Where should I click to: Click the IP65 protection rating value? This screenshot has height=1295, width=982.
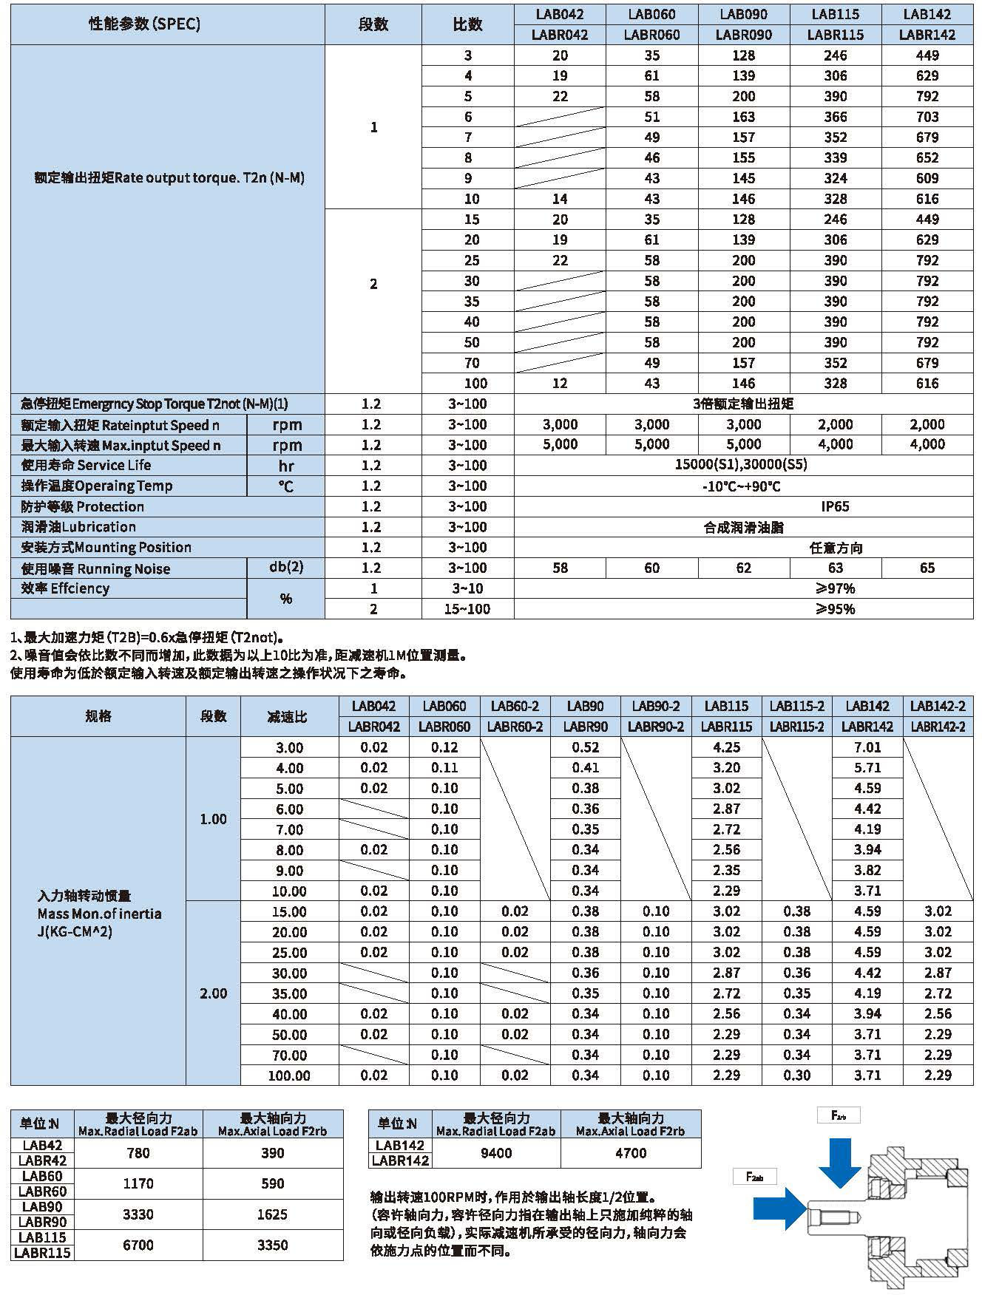pyautogui.click(x=835, y=506)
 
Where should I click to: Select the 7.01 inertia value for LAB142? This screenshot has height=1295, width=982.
pyautogui.click(x=867, y=747)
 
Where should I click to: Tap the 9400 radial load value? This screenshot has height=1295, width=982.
pyautogui.click(x=495, y=1152)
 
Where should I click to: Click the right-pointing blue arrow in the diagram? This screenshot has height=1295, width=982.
pyautogui.click(x=779, y=1209)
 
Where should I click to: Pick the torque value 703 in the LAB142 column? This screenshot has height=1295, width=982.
pyautogui.click(x=927, y=117)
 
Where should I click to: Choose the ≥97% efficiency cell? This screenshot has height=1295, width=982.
pyautogui.click(x=835, y=588)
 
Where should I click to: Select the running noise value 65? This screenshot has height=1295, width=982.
pyautogui.click(x=927, y=568)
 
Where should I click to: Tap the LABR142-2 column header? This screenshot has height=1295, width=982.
pyautogui.click(x=938, y=727)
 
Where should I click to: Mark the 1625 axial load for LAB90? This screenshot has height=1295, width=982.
pyautogui.click(x=272, y=1214)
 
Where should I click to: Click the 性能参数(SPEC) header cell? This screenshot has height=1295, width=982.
pyautogui.click(x=144, y=24)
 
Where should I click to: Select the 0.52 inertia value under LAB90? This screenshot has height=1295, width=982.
pyautogui.click(x=585, y=747)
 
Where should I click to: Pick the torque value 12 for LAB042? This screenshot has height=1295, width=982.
pyautogui.click(x=560, y=383)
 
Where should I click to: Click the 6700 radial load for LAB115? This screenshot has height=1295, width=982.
pyautogui.click(x=138, y=1245)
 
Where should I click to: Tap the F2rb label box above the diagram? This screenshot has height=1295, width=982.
pyautogui.click(x=839, y=1115)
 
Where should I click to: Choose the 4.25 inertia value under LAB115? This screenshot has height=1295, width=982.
pyautogui.click(x=726, y=747)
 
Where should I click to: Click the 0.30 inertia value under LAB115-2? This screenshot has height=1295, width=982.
pyautogui.click(x=796, y=1075)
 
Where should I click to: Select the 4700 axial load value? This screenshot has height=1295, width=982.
pyautogui.click(x=631, y=1152)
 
